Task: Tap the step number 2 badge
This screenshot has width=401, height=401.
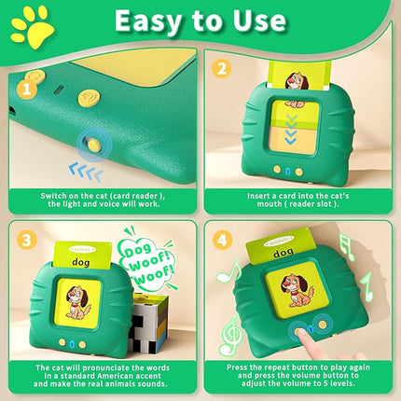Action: [221, 68]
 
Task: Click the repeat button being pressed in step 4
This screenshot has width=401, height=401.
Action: [299, 327]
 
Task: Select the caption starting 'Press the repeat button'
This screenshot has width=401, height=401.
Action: [300, 378]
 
